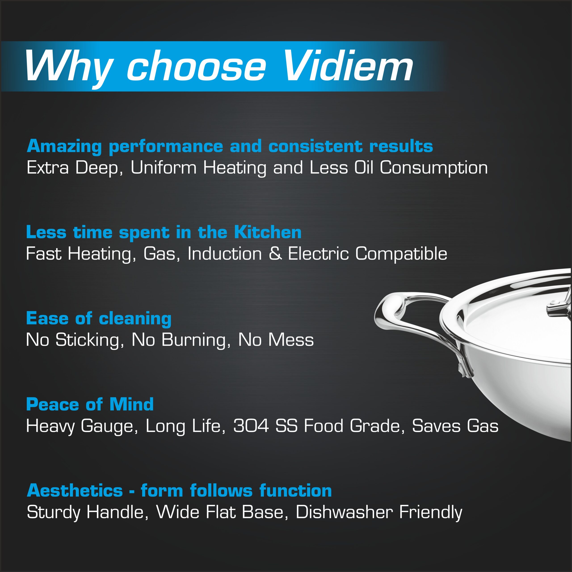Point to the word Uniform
[x=163, y=168]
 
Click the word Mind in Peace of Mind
[x=131, y=404]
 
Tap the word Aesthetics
[x=75, y=491]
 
